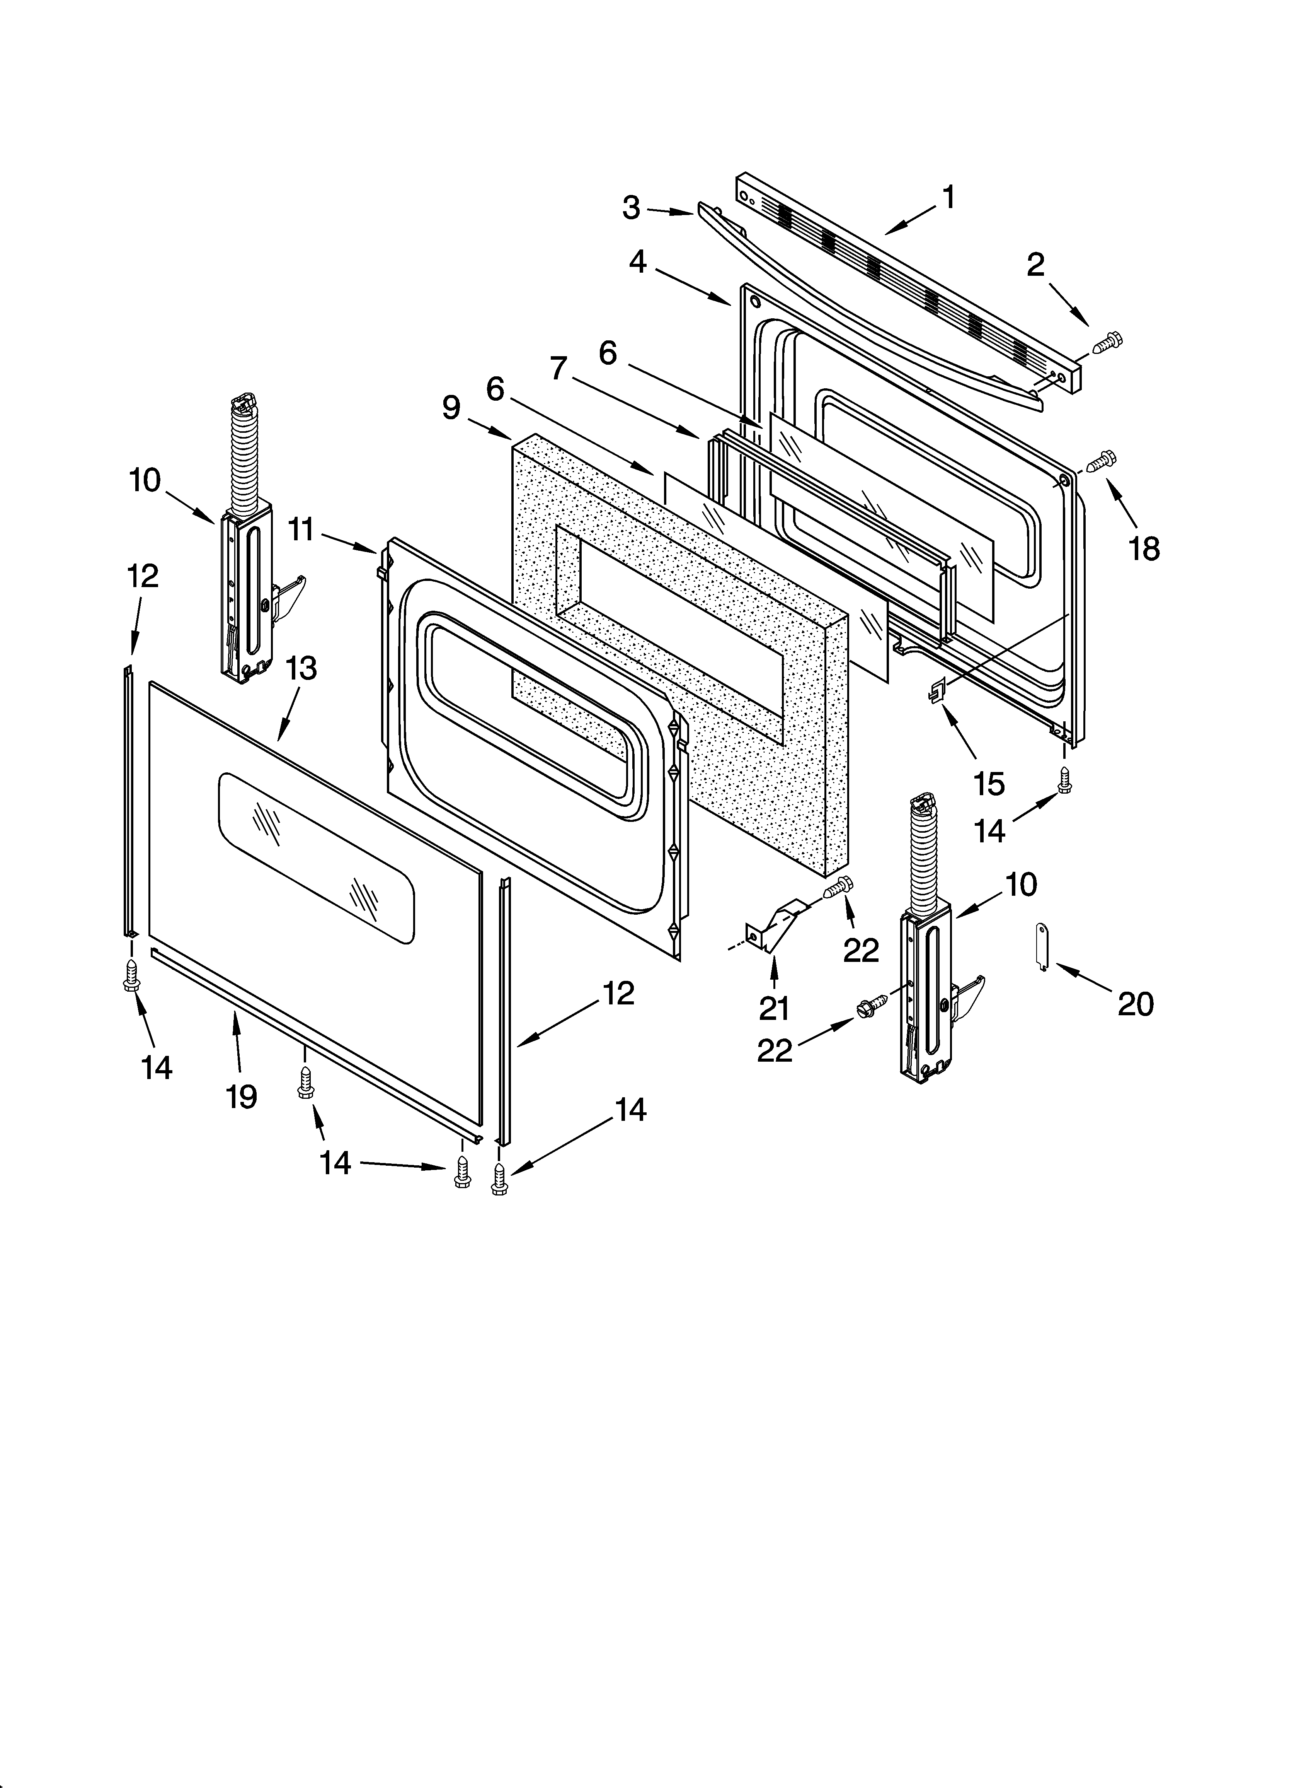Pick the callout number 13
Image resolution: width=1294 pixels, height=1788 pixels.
tap(301, 669)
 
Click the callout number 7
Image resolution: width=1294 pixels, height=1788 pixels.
tap(559, 368)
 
